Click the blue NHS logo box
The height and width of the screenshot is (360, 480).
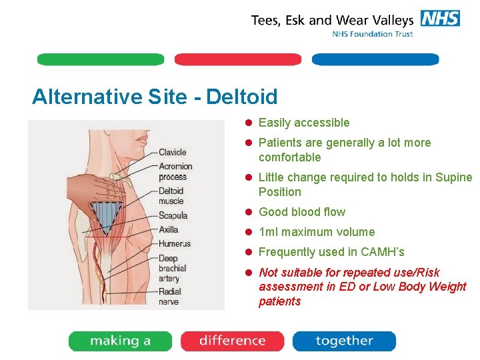(440, 18)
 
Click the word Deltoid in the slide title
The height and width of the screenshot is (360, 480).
(242, 97)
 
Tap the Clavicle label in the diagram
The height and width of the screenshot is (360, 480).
(172, 153)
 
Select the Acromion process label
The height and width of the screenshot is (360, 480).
(175, 171)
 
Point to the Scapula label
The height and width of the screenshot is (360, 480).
(173, 215)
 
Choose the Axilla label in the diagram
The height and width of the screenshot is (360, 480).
(169, 229)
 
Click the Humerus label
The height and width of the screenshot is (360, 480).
(174, 243)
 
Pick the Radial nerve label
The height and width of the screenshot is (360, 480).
(170, 297)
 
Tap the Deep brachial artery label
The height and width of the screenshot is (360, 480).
(172, 268)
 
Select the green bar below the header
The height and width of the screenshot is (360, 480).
(100, 59)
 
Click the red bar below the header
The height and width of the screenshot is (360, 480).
(237, 59)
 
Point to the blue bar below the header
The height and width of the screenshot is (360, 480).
(375, 59)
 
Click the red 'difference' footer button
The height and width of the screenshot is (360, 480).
(232, 341)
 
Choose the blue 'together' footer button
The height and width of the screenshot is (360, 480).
(344, 341)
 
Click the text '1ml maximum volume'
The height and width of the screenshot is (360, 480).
(317, 232)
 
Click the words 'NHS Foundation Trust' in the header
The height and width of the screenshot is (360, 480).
(373, 34)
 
